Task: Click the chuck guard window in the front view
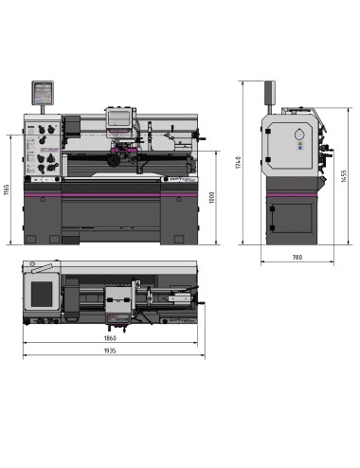(120, 117)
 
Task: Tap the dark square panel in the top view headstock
(41, 295)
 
